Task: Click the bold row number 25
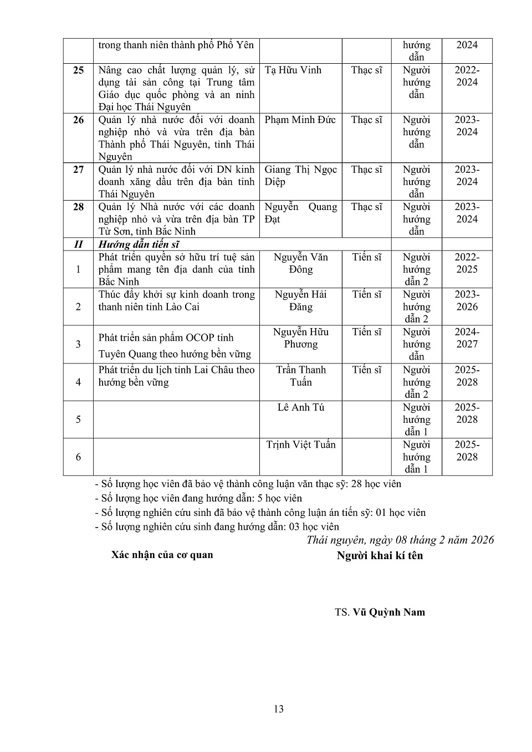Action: click(x=79, y=70)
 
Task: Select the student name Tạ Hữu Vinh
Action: click(x=293, y=70)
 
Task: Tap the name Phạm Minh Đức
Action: click(x=300, y=120)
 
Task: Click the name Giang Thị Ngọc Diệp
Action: click(x=300, y=176)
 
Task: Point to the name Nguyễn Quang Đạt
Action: click(x=300, y=213)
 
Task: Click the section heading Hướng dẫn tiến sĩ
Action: click(x=139, y=244)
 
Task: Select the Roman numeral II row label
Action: click(x=79, y=244)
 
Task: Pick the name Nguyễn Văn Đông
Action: click(x=300, y=263)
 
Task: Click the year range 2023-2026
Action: click(x=467, y=300)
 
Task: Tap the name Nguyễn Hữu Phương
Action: click(x=300, y=338)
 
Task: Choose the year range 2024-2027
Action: click(x=467, y=338)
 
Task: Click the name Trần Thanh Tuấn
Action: click(x=300, y=376)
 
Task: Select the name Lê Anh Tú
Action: click(x=300, y=407)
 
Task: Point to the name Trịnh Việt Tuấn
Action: click(x=300, y=444)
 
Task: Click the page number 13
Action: click(x=279, y=709)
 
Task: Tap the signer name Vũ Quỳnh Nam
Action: click(x=388, y=612)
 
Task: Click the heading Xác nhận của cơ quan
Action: click(x=162, y=555)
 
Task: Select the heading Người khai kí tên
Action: click(x=380, y=555)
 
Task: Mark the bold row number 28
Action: click(x=79, y=207)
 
